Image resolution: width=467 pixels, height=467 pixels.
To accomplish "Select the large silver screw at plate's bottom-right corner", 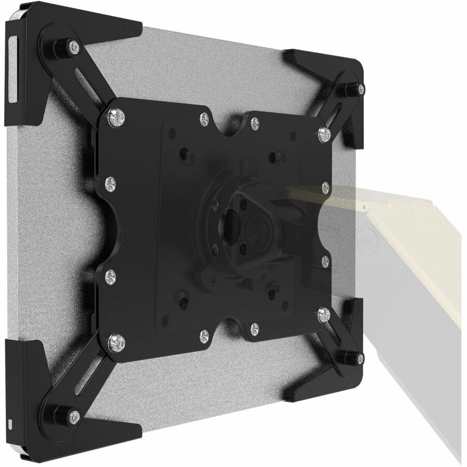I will tap(324, 313).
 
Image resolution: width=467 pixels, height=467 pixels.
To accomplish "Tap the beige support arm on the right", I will tap(410, 249).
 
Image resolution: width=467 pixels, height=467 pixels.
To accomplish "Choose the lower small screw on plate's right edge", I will tap(325, 259).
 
